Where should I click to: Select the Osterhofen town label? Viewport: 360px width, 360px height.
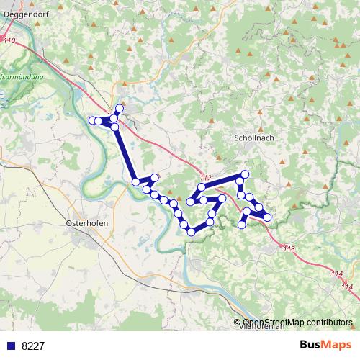[x=86, y=223]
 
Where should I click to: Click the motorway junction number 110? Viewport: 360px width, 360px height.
[x=9, y=41]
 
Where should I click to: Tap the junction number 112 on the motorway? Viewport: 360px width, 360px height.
[x=206, y=177]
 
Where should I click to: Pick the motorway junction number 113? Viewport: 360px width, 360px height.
[x=289, y=248]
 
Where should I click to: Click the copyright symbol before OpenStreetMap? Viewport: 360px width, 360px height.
[x=238, y=323]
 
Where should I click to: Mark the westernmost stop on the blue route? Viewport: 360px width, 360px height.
[x=91, y=120]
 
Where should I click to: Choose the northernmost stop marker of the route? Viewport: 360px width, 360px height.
[x=120, y=108]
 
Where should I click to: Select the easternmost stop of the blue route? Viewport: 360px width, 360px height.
[x=268, y=217]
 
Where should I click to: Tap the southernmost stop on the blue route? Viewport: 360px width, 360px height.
[x=191, y=231]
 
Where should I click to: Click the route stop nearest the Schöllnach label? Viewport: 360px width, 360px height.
[x=245, y=174]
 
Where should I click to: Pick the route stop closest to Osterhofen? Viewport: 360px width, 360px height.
[x=135, y=182]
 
